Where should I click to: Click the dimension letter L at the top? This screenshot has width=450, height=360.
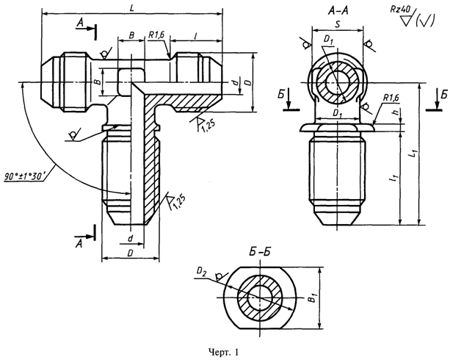(131, 8)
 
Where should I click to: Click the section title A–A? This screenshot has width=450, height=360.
(338, 11)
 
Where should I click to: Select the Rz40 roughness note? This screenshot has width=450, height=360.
(399, 10)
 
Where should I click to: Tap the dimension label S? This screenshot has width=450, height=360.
(338, 24)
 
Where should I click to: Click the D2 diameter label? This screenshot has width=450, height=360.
(201, 270)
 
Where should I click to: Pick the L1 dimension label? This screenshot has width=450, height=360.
(413, 154)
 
